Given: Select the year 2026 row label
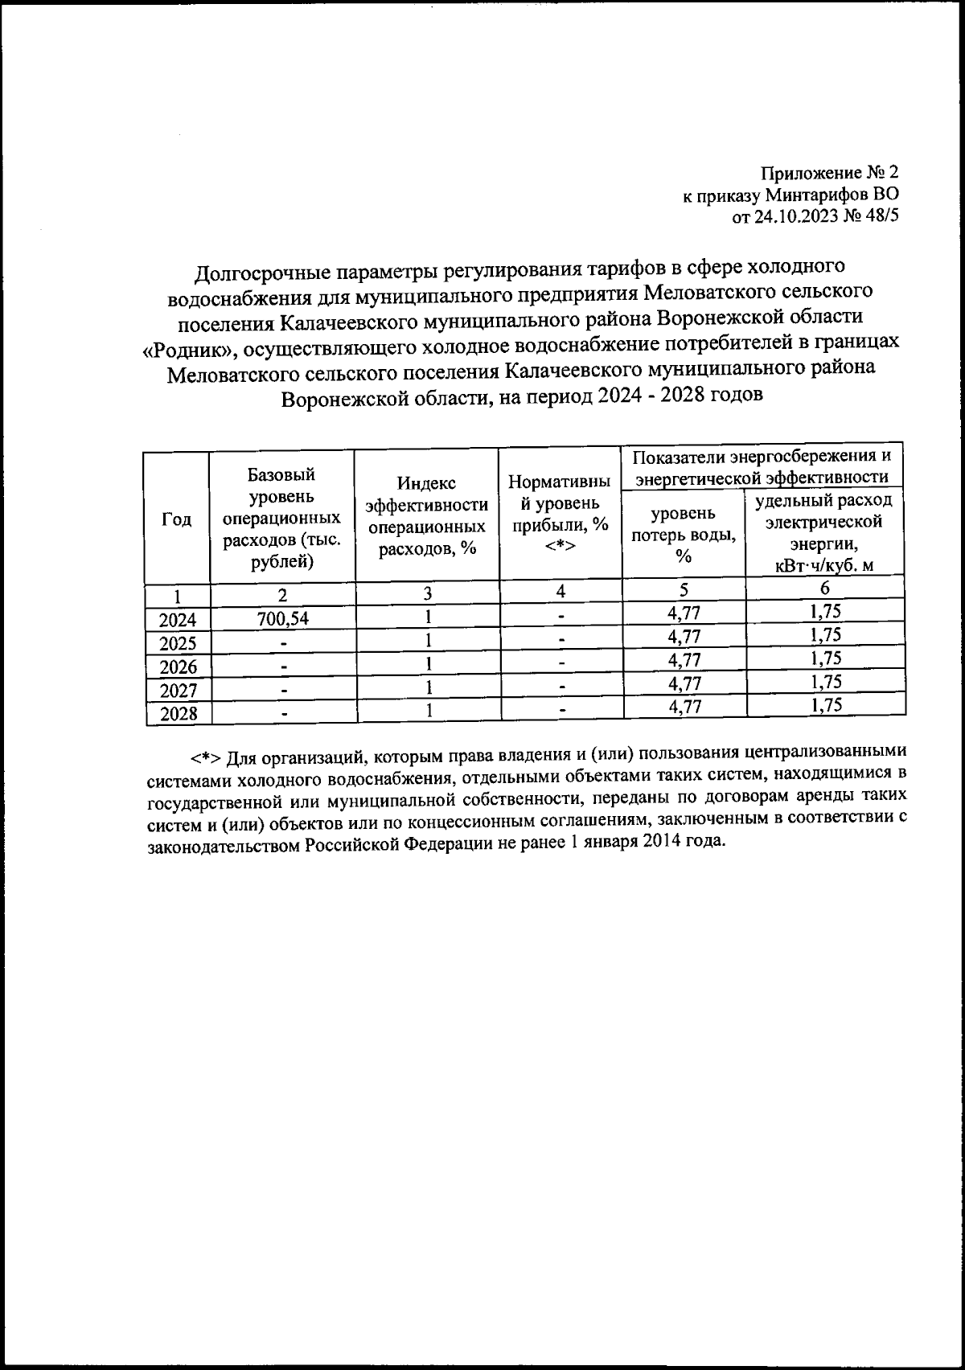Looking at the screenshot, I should pos(178,667).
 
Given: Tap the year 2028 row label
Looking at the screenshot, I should pos(178,714).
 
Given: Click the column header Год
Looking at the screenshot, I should pos(177,519).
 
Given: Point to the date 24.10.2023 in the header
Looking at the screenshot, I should pos(793,216).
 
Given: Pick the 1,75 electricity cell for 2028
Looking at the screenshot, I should pos(826,706).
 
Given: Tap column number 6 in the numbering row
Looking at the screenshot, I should pos(825,589).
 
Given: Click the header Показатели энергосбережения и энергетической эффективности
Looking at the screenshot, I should pos(762,467).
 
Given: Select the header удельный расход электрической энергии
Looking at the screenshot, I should pos(825,532).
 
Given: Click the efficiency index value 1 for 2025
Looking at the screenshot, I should pos(429,641).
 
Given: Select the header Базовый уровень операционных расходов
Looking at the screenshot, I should pos(281,518).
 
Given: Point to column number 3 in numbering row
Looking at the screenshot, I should pos(429,593).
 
